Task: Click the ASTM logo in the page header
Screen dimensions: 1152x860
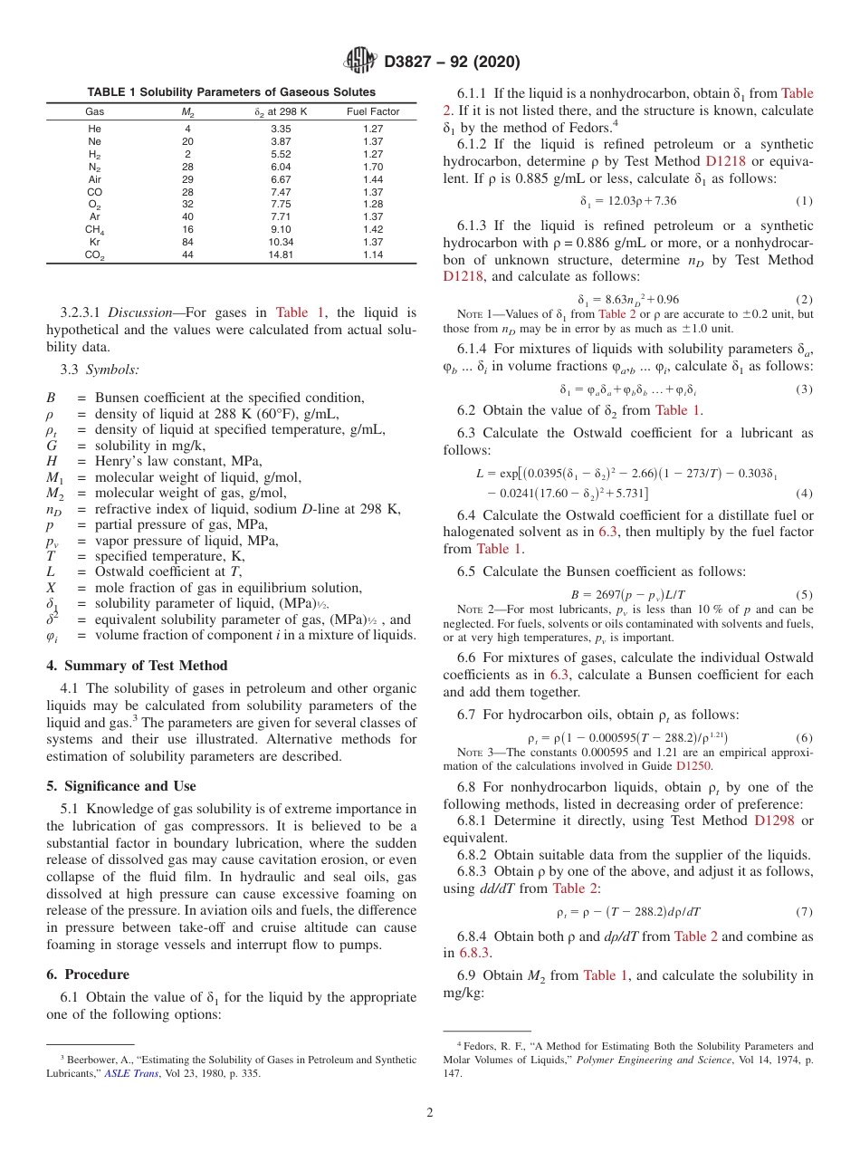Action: point(360,62)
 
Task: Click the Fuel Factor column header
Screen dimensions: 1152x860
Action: point(373,111)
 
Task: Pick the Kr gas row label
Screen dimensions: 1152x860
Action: point(94,243)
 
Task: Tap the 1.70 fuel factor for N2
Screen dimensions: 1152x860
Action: point(373,167)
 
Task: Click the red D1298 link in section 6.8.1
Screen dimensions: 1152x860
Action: point(772,821)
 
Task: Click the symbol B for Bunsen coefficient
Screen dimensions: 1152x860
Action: point(51,398)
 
